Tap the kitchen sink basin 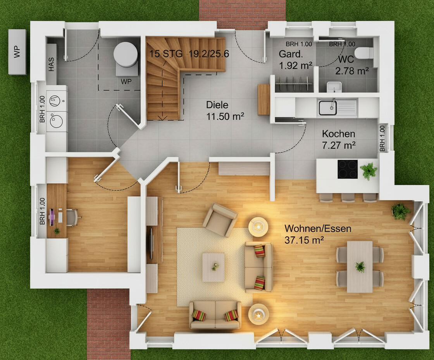point(328,107)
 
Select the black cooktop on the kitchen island point(348,169)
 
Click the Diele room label point(217,105)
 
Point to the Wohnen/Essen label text point(318,228)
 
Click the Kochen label point(339,134)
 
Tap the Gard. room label point(291,54)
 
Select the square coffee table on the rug point(214,267)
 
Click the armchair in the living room point(220,220)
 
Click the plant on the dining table point(360,267)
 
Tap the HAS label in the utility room point(52,64)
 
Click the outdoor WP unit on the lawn point(17,52)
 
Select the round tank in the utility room point(126,54)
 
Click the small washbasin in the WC point(334,87)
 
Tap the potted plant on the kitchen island point(369,170)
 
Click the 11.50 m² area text point(225,116)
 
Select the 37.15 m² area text point(304,240)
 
